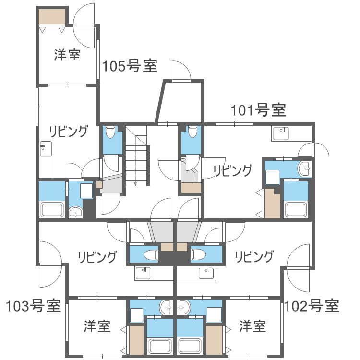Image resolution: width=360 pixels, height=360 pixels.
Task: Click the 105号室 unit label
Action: [130, 66]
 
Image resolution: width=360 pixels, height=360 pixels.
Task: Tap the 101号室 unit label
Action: [258, 110]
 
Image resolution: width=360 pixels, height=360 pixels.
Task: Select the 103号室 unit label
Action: [33, 305]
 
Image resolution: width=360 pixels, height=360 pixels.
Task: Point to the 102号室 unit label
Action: [312, 305]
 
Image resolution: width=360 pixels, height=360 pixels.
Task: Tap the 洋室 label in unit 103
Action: [97, 326]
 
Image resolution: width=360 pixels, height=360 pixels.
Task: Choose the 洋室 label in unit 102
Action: [252, 326]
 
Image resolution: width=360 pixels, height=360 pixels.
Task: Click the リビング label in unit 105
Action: [69, 131]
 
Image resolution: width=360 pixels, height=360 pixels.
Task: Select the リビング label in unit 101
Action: [233, 170]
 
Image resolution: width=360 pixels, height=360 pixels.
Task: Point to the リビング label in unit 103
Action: [97, 257]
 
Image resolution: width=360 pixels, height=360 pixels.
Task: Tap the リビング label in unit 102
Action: [254, 257]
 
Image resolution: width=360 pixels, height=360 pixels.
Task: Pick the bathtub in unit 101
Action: [297, 210]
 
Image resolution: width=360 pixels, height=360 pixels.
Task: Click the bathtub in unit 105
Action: [52, 210]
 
